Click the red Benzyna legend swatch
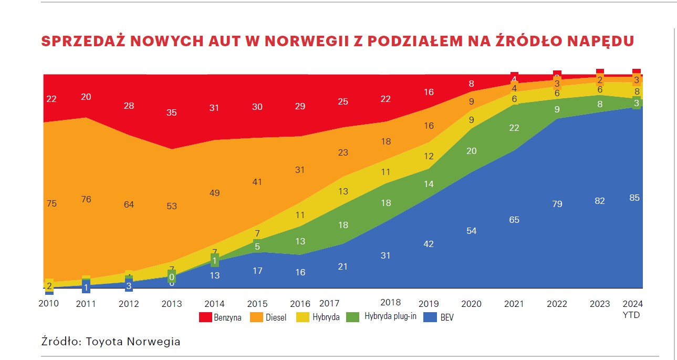point(205,317)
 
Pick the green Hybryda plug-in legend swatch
point(353,317)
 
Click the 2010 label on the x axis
point(48,304)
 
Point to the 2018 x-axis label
point(391,302)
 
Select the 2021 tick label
point(514,304)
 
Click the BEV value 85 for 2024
point(634,198)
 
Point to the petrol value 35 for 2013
point(172,112)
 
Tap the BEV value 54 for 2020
point(471,231)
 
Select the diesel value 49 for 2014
point(214,193)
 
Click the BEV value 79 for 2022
point(557,204)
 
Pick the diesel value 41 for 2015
point(257,182)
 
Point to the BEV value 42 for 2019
point(429,244)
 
